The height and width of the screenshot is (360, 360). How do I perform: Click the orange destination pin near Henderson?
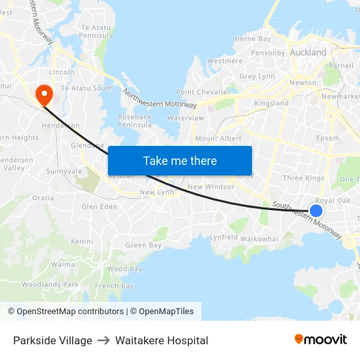[x=45, y=94]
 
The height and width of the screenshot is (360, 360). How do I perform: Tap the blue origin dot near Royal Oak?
[x=315, y=210]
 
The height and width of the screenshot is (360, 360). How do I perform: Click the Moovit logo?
[x=321, y=340]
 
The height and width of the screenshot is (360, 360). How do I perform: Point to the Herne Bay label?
[x=253, y=39]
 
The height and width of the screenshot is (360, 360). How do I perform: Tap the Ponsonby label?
[x=268, y=53]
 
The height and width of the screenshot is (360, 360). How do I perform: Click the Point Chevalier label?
[x=203, y=92]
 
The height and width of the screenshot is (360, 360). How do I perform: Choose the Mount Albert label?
[x=218, y=139]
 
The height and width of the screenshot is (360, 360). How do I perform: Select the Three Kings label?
[x=303, y=178]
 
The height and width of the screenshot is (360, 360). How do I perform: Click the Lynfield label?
[x=223, y=238]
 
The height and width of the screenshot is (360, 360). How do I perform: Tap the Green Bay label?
[x=143, y=245]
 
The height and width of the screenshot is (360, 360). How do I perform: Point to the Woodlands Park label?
[x=50, y=285]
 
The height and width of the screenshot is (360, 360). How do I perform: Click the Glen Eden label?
[x=99, y=207]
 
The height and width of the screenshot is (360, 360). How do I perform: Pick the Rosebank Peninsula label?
[x=135, y=120]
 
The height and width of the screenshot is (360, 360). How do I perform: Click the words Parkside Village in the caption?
[x=52, y=340]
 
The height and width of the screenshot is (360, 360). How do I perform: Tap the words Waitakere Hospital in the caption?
[x=162, y=340]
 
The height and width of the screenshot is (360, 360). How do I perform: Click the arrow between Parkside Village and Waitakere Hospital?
[x=103, y=340]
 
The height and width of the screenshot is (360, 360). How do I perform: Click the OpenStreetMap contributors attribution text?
[x=70, y=312]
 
